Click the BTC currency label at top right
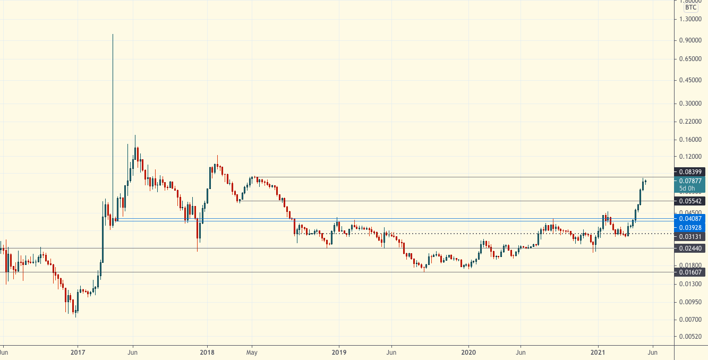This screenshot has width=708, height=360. (x=691, y=7)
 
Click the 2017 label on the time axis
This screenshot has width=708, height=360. (x=78, y=352)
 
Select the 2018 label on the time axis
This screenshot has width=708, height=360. (x=207, y=352)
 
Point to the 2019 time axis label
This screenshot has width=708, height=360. (x=339, y=352)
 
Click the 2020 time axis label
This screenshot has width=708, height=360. (x=468, y=352)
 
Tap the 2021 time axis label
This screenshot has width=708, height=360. (x=599, y=352)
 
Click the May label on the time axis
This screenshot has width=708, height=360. (x=252, y=352)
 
